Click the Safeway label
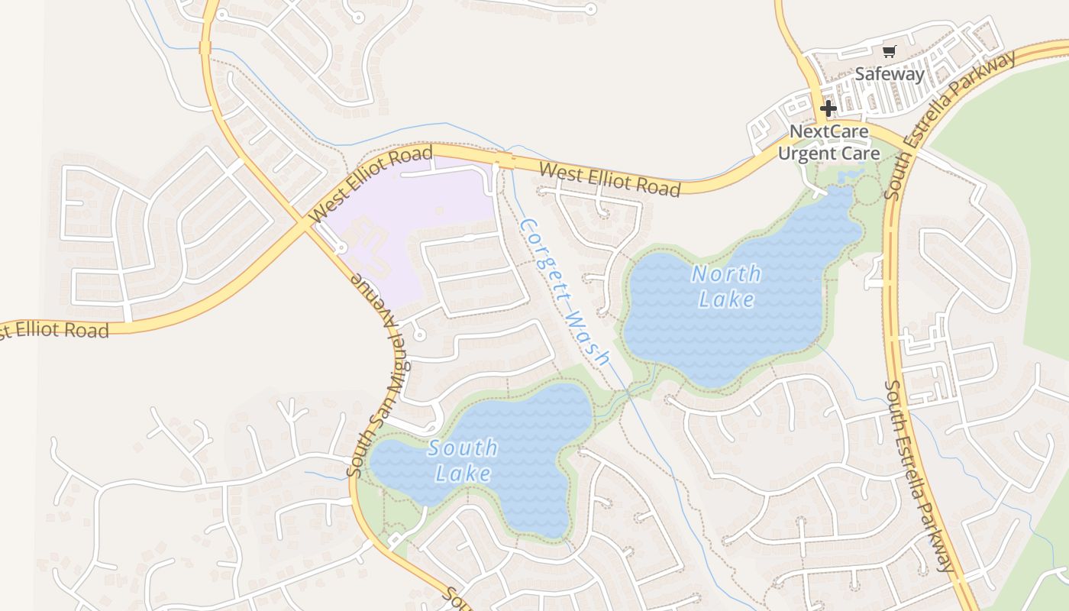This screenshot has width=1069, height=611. click(889, 74)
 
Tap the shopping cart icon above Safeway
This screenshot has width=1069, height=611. click(889, 51)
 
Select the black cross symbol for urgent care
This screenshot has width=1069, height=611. click(828, 108)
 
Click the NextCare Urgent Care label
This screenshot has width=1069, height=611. click(828, 142)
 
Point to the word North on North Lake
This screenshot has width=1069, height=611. click(726, 273)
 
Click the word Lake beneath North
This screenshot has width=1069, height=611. click(726, 299)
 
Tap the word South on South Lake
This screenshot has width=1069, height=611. click(463, 448)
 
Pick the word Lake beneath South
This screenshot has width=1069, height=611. click(463, 474)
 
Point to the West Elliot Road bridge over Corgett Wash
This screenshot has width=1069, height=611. click(502, 160)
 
